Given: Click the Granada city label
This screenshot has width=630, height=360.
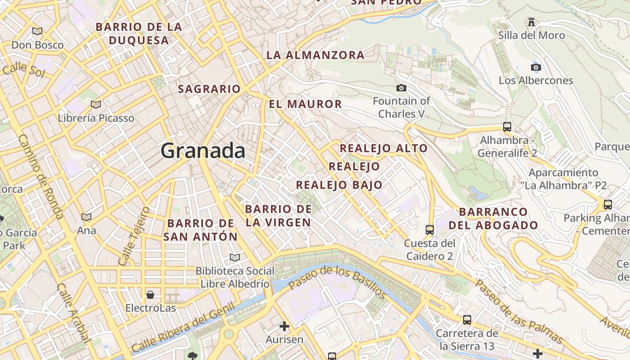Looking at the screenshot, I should pyautogui.click(x=203, y=151).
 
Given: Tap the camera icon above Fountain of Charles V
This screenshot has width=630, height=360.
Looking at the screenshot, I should pyautogui.click(x=401, y=88).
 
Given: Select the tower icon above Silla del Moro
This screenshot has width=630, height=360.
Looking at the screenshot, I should pyautogui.click(x=531, y=22).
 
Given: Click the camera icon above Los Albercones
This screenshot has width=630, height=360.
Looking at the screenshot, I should pyautogui.click(x=535, y=67).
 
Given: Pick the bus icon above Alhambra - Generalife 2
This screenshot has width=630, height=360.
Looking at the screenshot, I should pyautogui.click(x=507, y=127).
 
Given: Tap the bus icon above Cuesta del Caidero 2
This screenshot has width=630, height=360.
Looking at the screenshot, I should pyautogui.click(x=429, y=230).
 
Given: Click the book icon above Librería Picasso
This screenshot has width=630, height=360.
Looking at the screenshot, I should pyautogui.click(x=95, y=105).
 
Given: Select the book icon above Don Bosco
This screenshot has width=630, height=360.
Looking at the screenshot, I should pyautogui.click(x=37, y=31).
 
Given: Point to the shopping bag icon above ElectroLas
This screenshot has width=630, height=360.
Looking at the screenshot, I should pyautogui.click(x=150, y=295).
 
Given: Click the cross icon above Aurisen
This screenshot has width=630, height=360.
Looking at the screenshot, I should pyautogui.click(x=284, y=326).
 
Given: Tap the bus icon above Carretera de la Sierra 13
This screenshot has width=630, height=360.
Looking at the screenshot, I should pyautogui.click(x=467, y=320).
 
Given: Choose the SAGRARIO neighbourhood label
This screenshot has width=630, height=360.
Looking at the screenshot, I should pyautogui.click(x=209, y=89).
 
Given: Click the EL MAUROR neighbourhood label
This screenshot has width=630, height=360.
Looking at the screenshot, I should pyautogui.click(x=305, y=104).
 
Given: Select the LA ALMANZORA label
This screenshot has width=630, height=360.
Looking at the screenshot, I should pyautogui.click(x=315, y=55).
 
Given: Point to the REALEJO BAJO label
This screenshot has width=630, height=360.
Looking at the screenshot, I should pyautogui.click(x=339, y=185).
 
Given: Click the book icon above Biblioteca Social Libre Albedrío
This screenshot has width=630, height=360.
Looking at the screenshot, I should pyautogui.click(x=234, y=257).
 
